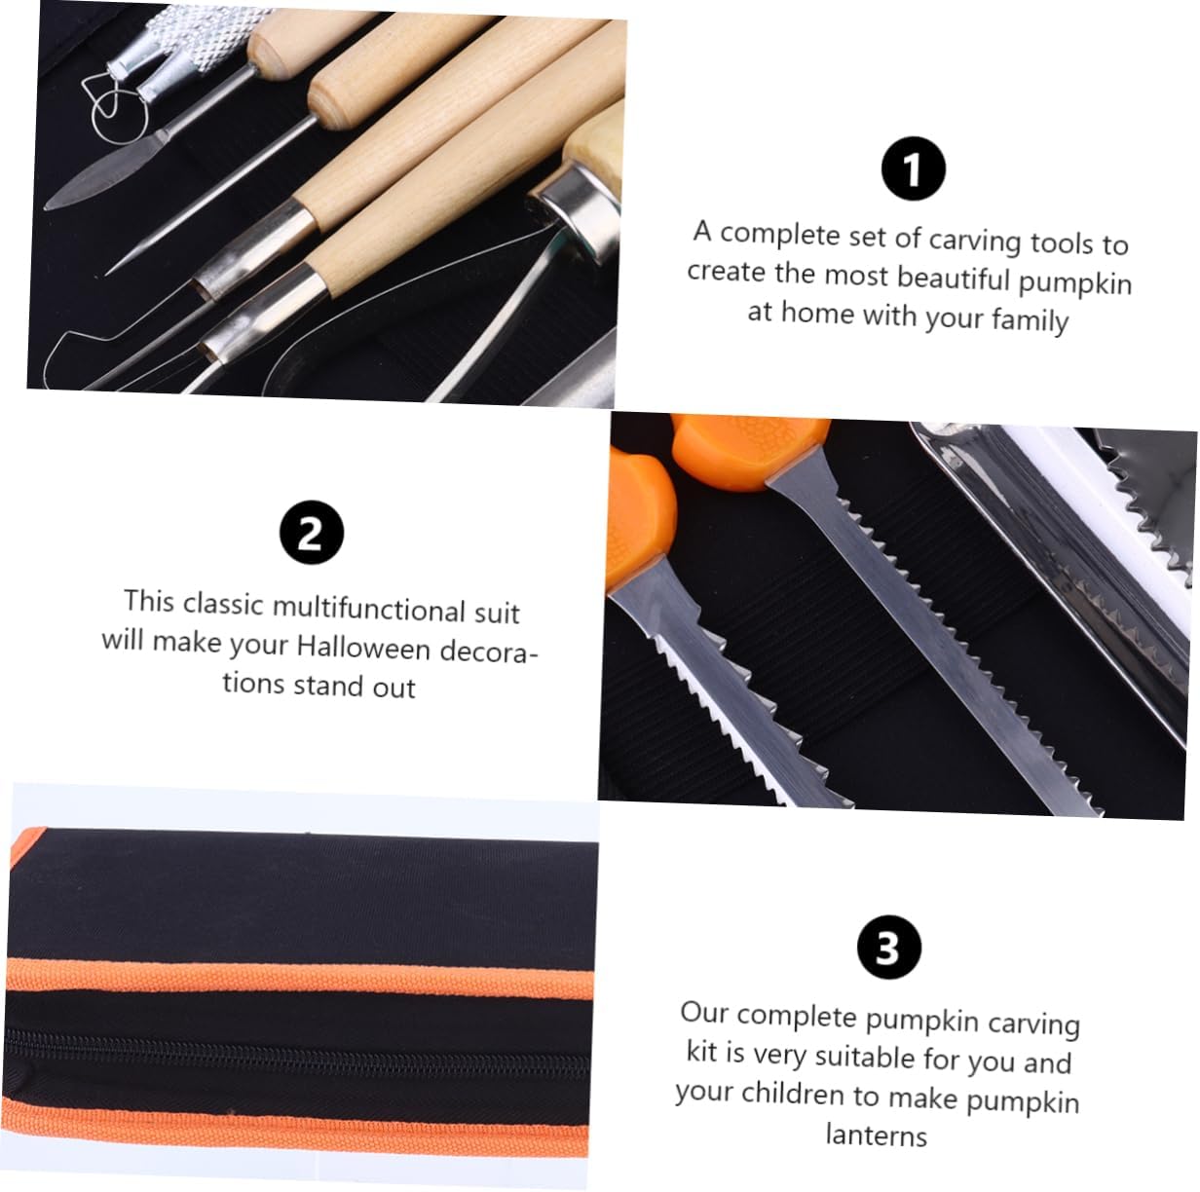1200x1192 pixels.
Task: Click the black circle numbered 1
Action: tap(913, 169)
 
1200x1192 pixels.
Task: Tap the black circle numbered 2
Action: tap(311, 532)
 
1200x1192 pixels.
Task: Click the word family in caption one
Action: tap(1030, 318)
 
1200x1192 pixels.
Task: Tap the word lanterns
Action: tap(876, 1135)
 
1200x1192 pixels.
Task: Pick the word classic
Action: tap(223, 604)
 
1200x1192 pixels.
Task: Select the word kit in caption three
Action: tap(701, 1052)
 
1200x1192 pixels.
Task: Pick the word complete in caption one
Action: tap(779, 235)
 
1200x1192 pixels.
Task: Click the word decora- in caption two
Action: tap(489, 651)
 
